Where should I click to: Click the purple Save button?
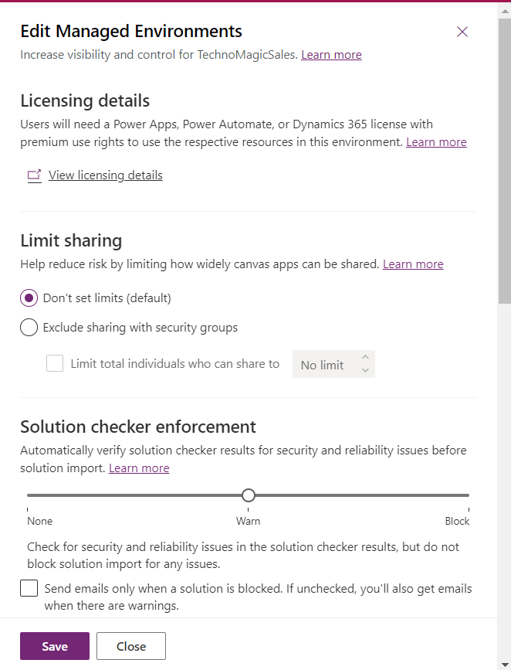click(55, 646)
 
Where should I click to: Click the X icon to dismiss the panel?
click(462, 32)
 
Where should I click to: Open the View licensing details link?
click(106, 175)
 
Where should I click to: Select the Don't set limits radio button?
click(29, 298)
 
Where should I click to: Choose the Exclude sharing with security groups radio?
click(29, 328)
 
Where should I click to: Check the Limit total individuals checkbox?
click(55, 363)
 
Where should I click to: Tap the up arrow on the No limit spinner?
click(365, 358)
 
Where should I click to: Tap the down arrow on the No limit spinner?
click(365, 371)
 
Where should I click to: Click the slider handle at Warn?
click(248, 495)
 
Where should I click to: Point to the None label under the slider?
click(40, 521)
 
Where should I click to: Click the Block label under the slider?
click(457, 521)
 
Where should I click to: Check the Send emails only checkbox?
click(29, 589)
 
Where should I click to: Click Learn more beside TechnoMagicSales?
click(331, 55)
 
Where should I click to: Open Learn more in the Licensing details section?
click(436, 142)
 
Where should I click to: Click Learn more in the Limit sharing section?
click(413, 264)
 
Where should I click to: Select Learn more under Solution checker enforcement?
click(139, 468)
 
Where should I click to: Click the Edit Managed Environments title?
click(131, 32)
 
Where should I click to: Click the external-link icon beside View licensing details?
click(34, 175)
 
